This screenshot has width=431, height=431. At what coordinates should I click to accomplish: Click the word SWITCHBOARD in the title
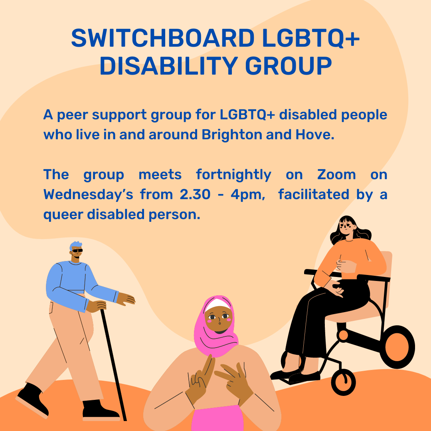[163, 38]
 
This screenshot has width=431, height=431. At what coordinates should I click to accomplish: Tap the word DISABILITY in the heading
[169, 66]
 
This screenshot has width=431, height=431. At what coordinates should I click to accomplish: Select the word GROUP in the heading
[289, 66]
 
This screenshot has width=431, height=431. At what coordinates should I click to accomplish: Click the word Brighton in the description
[232, 135]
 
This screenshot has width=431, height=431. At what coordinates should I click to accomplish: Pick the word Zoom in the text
[336, 174]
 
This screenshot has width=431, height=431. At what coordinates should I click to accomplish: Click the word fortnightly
[233, 175]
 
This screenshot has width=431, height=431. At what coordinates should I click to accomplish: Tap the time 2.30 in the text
[195, 194]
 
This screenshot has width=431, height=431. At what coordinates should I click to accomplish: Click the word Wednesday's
[88, 195]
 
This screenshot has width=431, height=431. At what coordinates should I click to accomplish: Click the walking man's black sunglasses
[77, 250]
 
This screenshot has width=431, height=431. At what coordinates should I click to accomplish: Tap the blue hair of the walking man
[75, 245]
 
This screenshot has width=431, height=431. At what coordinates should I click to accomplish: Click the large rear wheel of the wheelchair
[397, 347]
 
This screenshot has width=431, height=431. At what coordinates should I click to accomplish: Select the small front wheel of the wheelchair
[343, 382]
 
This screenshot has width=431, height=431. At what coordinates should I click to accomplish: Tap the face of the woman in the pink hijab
[219, 318]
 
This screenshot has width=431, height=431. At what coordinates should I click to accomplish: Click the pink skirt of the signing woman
[217, 418]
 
